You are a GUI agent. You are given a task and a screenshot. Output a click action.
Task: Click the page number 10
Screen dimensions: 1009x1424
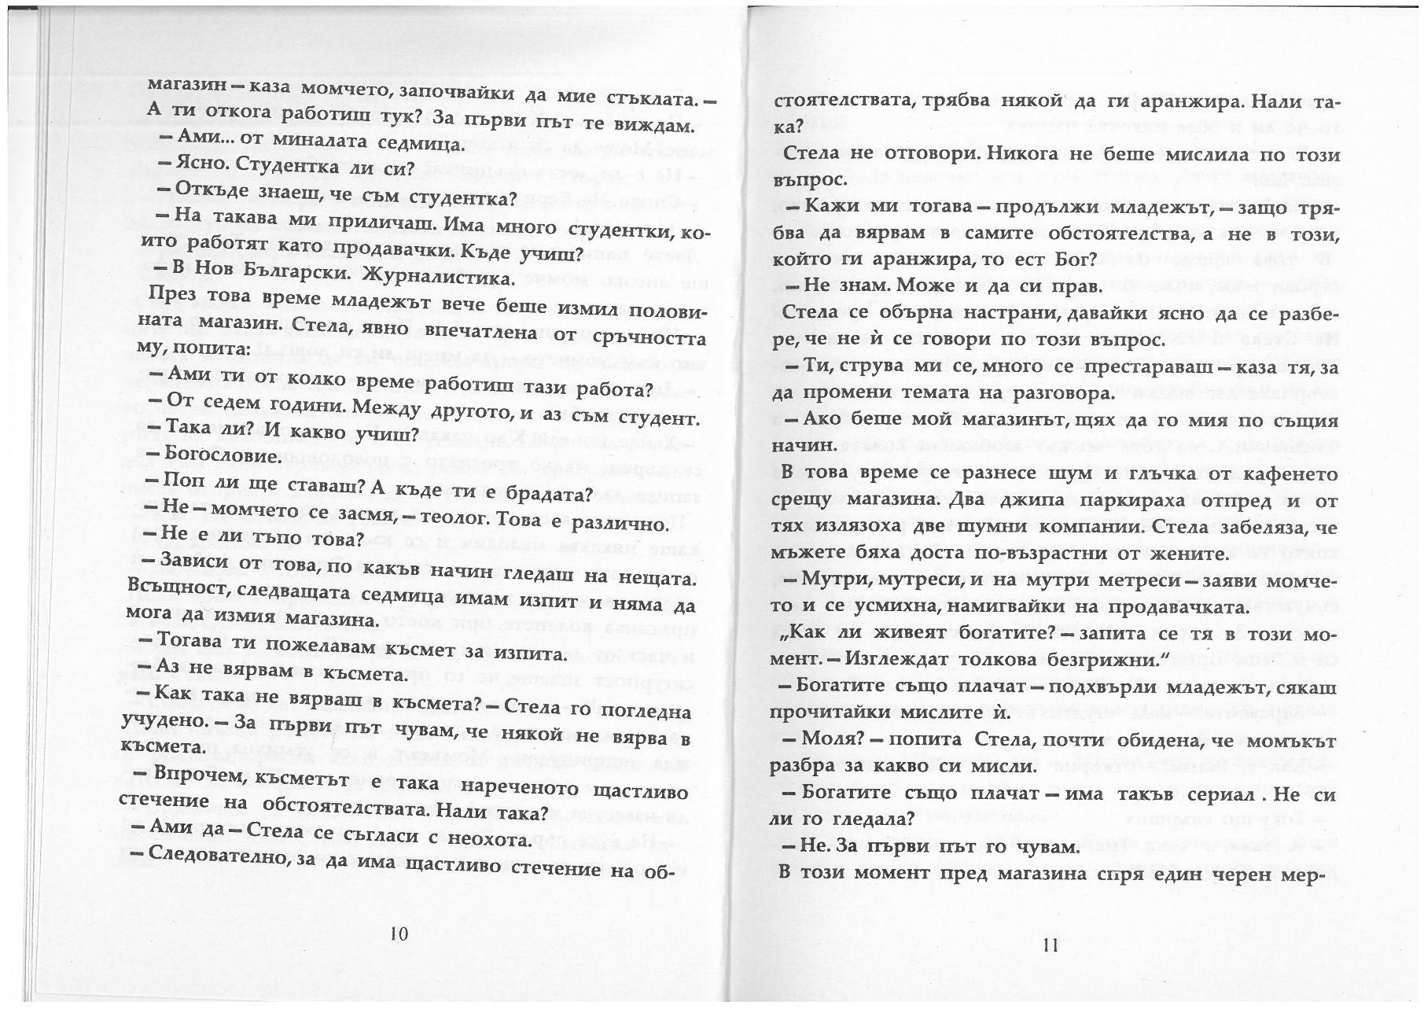pyautogui.click(x=399, y=934)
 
